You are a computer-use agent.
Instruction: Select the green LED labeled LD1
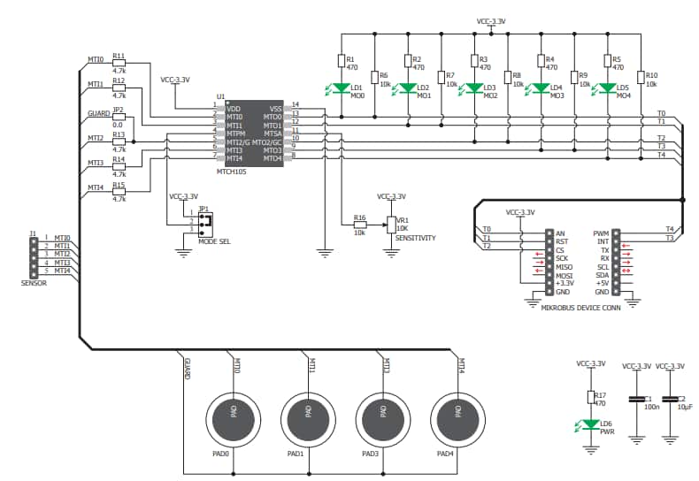click(341, 88)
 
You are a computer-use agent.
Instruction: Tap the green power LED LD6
click(591, 424)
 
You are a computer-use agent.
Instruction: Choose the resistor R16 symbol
click(359, 225)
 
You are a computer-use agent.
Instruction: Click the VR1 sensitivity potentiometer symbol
click(390, 225)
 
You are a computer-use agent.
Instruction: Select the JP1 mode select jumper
click(204, 221)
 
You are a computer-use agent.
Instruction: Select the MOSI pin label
click(564, 275)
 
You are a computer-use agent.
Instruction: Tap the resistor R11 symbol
click(119, 63)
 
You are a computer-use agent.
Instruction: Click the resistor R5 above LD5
click(607, 61)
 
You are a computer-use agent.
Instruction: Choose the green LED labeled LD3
click(473, 88)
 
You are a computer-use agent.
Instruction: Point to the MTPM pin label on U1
click(235, 134)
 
